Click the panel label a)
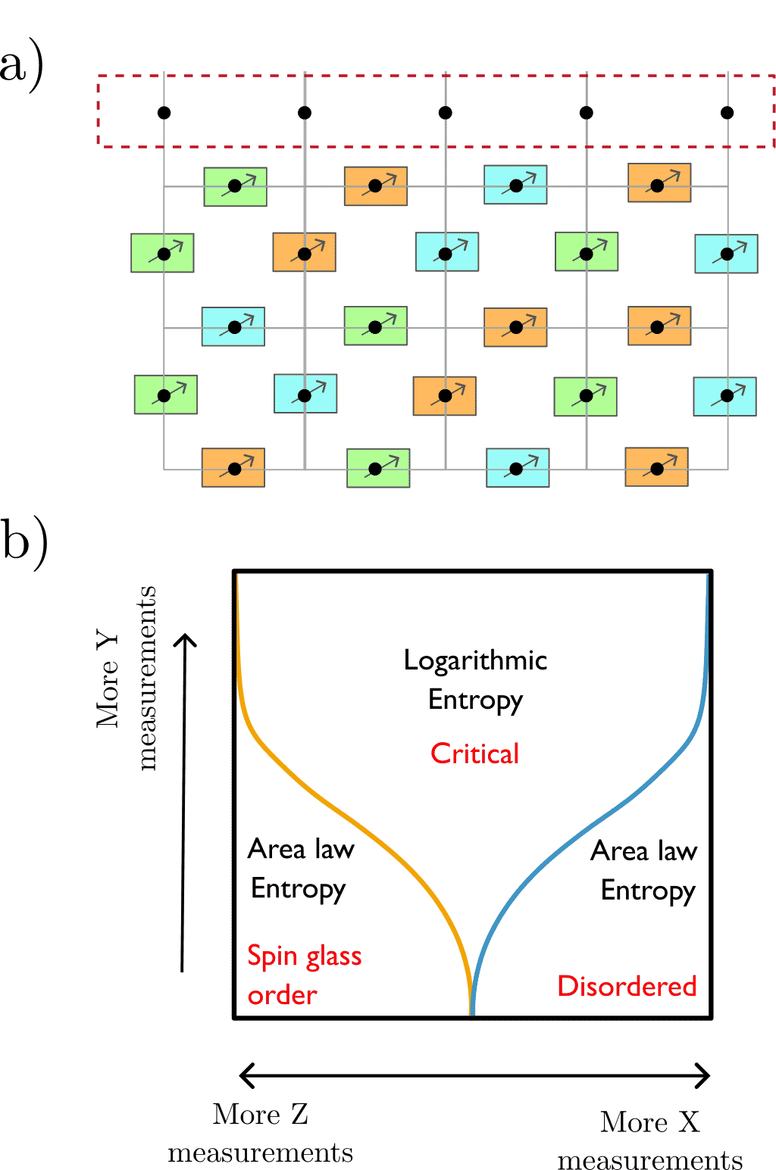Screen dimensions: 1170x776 pos(21,67)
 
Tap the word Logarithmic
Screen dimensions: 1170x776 pos(475,661)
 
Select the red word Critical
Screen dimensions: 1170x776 pos(475,753)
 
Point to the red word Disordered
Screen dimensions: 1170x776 pos(627,986)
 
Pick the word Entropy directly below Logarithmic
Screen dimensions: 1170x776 pos(475,700)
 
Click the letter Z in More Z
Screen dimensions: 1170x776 pos(299,1115)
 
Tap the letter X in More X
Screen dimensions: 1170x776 pos(688,1122)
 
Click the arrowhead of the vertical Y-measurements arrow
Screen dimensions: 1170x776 pos(185,641)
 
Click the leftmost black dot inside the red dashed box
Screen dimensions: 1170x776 pos(164,113)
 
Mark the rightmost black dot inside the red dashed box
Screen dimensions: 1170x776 pos(727,113)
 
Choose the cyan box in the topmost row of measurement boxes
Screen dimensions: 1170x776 pos(515,186)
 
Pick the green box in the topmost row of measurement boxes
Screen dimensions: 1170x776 pos(235,187)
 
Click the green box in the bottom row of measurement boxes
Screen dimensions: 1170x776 pos(377,469)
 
